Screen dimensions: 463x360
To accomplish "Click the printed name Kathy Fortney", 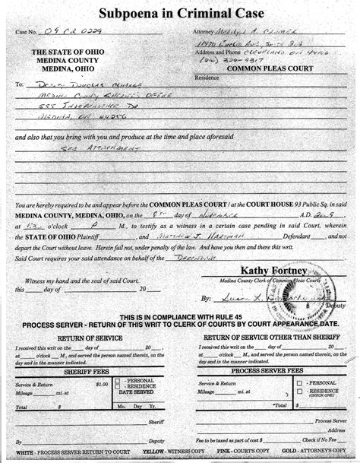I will (264, 268).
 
